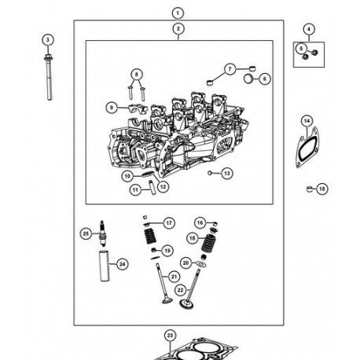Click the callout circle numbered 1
[178, 13]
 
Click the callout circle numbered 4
[308, 29]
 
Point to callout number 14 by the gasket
[307, 120]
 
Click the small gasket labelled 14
[303, 149]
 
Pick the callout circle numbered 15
[322, 189]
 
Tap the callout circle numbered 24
[122, 264]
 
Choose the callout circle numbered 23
[170, 336]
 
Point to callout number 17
[169, 223]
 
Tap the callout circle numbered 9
[112, 107]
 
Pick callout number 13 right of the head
[226, 172]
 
